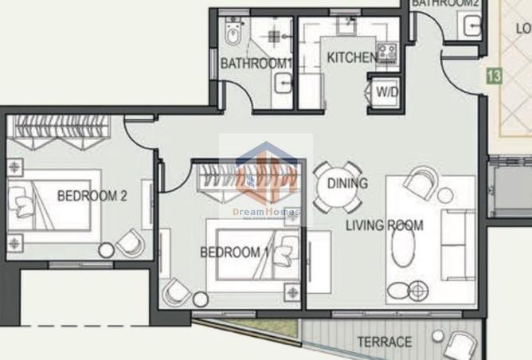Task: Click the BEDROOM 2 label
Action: pos(92,195)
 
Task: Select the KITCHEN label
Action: pos(350,57)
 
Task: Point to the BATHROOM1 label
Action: pos(256,63)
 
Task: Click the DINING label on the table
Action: pos(347,184)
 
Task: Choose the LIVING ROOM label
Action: pos(384,225)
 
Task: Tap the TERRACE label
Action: pos(385,342)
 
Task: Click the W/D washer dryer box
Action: pos(387,92)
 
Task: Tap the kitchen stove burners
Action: pos(387,53)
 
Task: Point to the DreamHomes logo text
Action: pos(266,213)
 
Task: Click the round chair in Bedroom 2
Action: pos(131,242)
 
